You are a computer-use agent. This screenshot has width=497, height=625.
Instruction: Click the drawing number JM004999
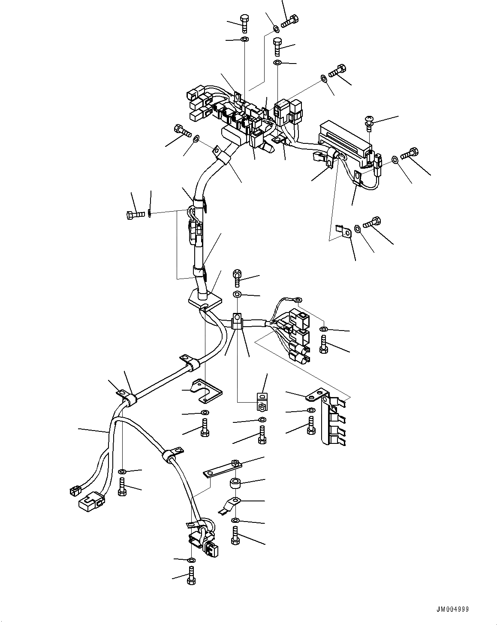pyautogui.click(x=453, y=609)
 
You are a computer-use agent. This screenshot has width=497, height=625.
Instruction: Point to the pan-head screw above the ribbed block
pyautogui.click(x=368, y=122)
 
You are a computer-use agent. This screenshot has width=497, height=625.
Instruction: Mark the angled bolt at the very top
pyautogui.click(x=290, y=20)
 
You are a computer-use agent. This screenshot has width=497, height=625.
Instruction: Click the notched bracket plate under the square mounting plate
pyautogui.click(x=207, y=391)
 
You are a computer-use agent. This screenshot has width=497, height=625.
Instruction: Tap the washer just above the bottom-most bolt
pyautogui.click(x=191, y=560)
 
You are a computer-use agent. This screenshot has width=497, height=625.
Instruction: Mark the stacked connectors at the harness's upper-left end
pyautogui.click(x=198, y=103)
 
